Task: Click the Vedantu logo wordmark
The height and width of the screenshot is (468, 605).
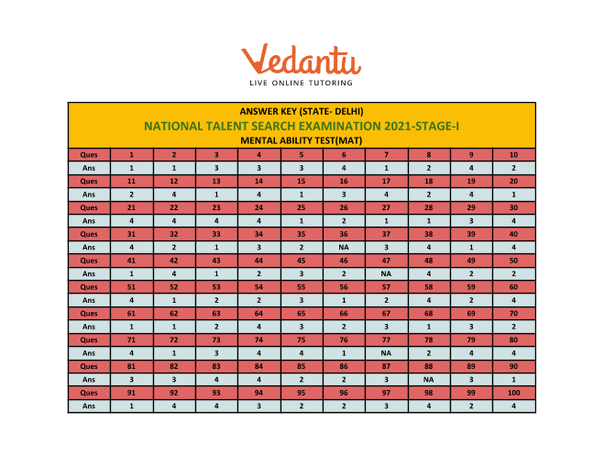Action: (x=302, y=60)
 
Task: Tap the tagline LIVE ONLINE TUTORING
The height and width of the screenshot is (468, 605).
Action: (x=302, y=85)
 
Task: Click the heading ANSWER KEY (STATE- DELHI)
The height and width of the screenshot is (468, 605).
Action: (x=302, y=111)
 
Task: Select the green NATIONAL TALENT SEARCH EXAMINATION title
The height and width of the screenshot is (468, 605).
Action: (x=302, y=126)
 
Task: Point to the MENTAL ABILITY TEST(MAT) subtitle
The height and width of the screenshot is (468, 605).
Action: (x=302, y=140)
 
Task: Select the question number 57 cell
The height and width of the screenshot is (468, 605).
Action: (x=387, y=286)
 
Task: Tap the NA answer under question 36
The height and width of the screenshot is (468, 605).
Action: (x=344, y=247)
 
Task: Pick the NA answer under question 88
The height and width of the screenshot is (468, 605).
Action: (x=429, y=379)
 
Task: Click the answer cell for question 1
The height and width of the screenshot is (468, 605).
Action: (x=131, y=168)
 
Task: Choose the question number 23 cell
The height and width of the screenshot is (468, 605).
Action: (x=216, y=207)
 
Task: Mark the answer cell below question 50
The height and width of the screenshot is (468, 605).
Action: (x=513, y=273)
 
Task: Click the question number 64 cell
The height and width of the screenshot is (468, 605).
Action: (x=259, y=313)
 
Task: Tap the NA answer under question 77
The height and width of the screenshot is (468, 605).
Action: (x=387, y=352)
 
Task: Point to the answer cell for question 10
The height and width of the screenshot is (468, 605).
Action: (x=513, y=168)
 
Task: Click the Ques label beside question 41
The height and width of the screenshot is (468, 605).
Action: (x=89, y=261)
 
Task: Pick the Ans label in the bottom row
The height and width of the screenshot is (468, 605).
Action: (x=89, y=406)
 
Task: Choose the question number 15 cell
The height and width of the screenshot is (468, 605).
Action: (x=302, y=181)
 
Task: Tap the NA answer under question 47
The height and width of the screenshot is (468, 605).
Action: (x=387, y=273)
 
